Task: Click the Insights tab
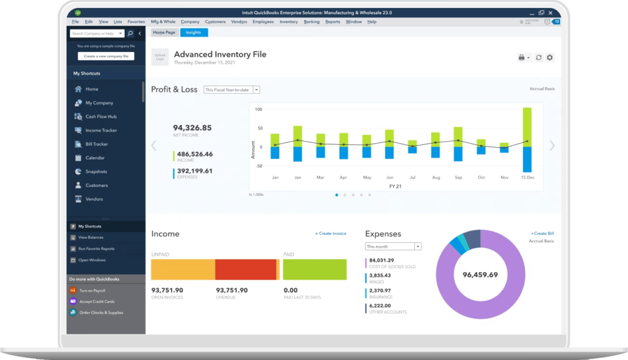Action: (193, 33)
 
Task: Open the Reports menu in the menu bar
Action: (332, 21)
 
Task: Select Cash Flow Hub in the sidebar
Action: (101, 117)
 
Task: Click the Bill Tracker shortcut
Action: (96, 144)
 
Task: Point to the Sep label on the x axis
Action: (458, 177)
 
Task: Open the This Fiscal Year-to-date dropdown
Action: (232, 90)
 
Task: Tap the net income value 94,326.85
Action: (192, 128)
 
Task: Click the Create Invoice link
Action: (331, 234)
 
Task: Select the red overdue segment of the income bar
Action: (245, 269)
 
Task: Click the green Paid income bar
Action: (315, 269)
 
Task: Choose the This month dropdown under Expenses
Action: (393, 247)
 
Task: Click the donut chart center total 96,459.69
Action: (480, 274)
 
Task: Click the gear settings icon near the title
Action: (549, 57)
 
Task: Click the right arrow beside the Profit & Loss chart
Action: (552, 145)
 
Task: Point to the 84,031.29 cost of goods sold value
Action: (381, 261)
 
